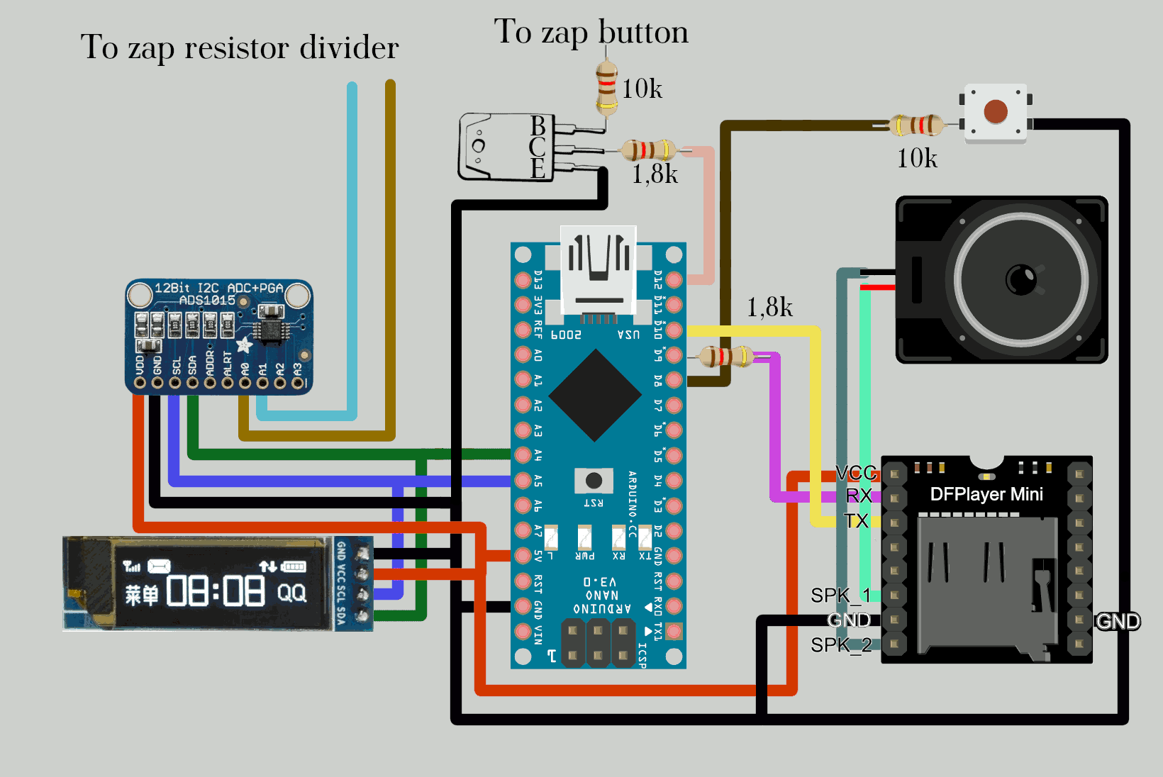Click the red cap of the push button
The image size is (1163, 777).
point(996,111)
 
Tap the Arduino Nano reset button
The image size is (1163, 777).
point(594,481)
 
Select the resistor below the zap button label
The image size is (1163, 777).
point(606,88)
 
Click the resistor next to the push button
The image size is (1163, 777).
point(917,125)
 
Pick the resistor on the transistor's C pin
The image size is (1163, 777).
point(647,150)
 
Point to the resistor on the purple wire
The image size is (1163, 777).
point(726,356)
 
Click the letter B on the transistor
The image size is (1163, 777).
point(538,125)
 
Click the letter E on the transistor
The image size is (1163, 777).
point(538,169)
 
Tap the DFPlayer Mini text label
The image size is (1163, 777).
point(986,494)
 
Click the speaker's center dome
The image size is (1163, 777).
point(1021,279)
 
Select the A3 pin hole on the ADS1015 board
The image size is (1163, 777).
point(298,383)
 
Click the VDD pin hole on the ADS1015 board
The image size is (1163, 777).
point(140,383)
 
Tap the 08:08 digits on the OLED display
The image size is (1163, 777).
point(216,591)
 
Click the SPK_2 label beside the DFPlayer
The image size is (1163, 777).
point(840,645)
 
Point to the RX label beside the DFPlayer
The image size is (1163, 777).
point(859,496)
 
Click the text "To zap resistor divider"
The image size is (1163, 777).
point(240,47)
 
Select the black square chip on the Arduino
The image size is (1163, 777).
point(596,395)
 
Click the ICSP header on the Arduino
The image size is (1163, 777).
point(598,642)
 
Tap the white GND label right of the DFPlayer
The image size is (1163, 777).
point(1118,622)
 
